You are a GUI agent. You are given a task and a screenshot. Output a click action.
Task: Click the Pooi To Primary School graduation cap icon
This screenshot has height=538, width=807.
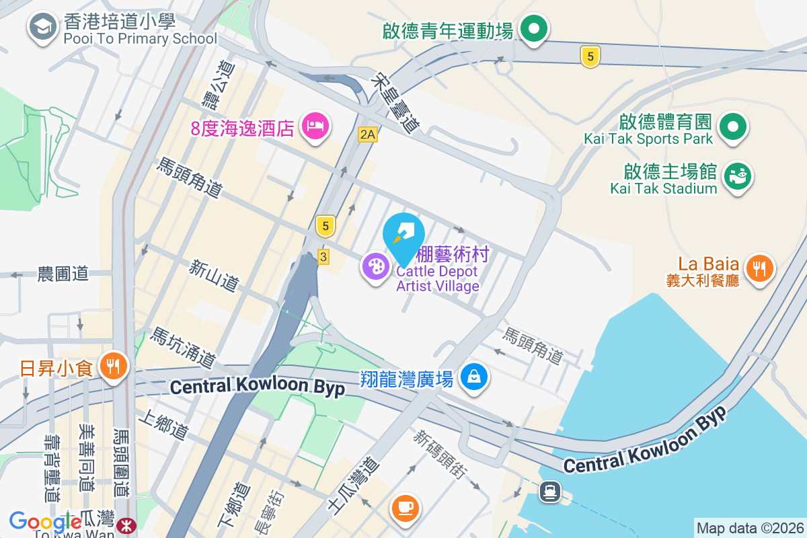pos(42,28)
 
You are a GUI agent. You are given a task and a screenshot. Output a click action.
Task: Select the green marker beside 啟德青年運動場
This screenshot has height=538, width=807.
pos(534,30)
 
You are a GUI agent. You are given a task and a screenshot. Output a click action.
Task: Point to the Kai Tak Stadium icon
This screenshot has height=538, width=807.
pos(737,177)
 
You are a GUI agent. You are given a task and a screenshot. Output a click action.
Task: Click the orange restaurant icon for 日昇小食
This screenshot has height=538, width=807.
pos(112,367)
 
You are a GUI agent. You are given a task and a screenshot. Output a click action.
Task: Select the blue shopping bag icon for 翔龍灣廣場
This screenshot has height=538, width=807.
pos(474,377)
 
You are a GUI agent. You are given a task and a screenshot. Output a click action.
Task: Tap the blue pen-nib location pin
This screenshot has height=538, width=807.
pos(403,235)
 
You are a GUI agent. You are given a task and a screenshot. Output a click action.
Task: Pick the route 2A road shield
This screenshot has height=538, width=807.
pos(367,134)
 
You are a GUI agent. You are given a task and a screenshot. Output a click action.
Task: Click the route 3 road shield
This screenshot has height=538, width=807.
pos(323,257)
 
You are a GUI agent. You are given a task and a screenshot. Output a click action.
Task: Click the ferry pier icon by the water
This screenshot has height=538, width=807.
pos(550,492)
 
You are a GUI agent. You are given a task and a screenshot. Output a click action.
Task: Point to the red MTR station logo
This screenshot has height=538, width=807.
pos(125,525)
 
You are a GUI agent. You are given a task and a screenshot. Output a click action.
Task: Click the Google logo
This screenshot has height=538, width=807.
pos(45,522)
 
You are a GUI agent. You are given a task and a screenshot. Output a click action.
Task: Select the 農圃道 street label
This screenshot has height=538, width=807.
pos(63,274)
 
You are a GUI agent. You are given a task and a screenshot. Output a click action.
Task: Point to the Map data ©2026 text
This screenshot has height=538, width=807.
pos(750,528)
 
